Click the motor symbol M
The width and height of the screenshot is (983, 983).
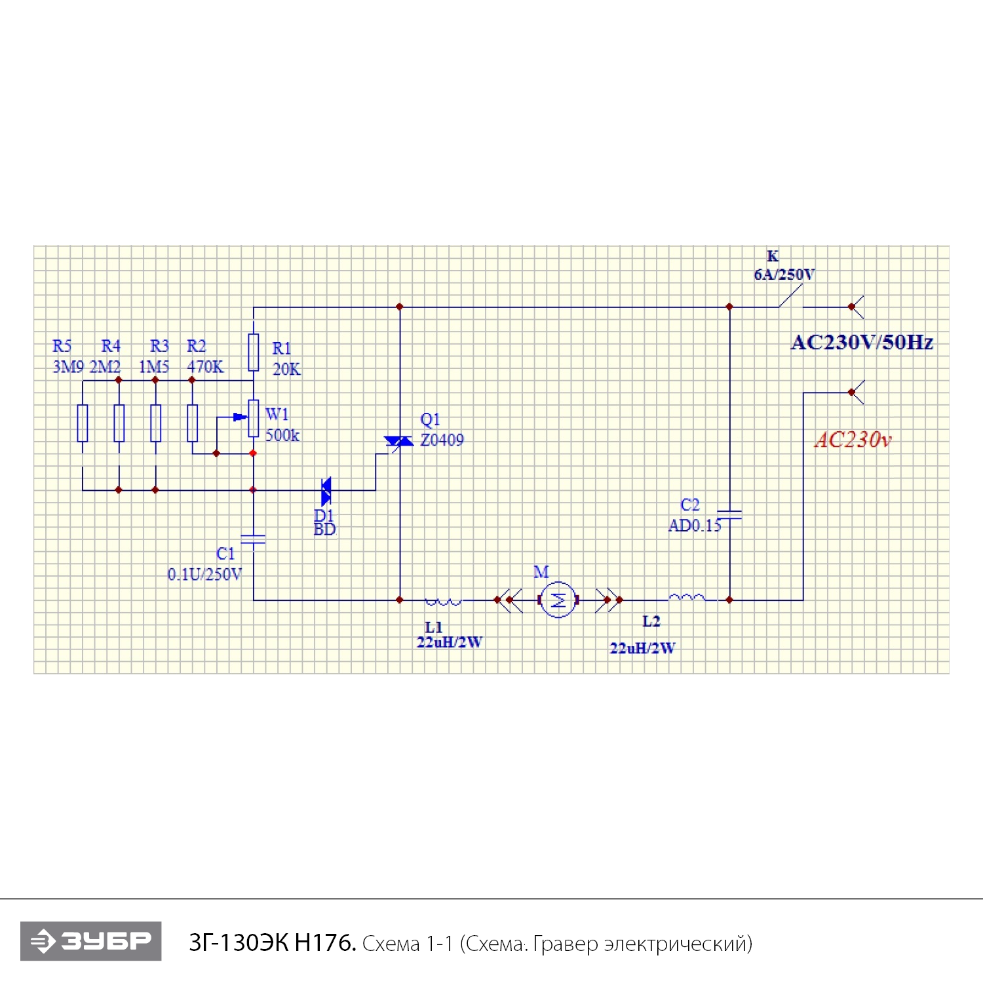pyautogui.click(x=558, y=599)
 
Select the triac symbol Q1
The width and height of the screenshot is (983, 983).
pyautogui.click(x=398, y=441)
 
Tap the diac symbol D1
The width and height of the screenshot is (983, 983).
pyautogui.click(x=326, y=490)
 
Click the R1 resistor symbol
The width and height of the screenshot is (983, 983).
pyautogui.click(x=254, y=353)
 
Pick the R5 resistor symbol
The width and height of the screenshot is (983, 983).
pyautogui.click(x=83, y=423)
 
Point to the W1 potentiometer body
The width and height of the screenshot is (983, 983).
pyautogui.click(x=254, y=418)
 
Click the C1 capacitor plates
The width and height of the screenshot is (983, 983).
pyautogui.click(x=254, y=539)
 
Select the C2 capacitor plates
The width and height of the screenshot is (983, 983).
pyautogui.click(x=729, y=514)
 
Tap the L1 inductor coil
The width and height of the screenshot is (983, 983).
pyautogui.click(x=443, y=600)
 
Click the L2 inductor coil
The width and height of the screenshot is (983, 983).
pyautogui.click(x=687, y=597)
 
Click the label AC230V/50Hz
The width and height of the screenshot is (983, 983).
pyautogui.click(x=862, y=342)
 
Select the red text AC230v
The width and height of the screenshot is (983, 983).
pyautogui.click(x=853, y=440)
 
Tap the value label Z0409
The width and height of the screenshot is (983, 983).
pyautogui.click(x=442, y=440)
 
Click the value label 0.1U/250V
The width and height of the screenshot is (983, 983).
pyautogui.click(x=204, y=575)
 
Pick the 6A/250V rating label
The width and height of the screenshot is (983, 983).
pyautogui.click(x=784, y=275)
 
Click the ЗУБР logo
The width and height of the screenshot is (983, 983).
pyautogui.click(x=91, y=941)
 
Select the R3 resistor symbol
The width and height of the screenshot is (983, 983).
pyautogui.click(x=155, y=423)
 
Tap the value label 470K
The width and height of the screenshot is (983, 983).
pyautogui.click(x=205, y=367)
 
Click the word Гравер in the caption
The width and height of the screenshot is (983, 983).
pyautogui.click(x=566, y=944)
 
